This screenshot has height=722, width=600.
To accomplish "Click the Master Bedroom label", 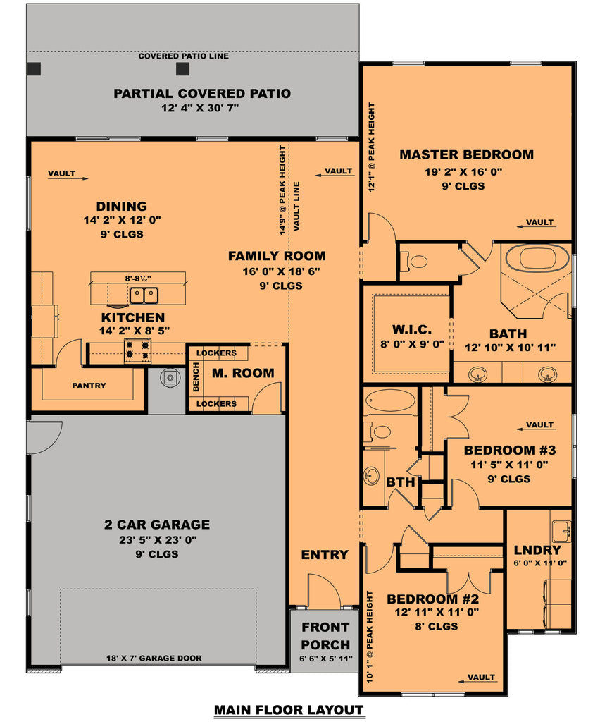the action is point(466,154).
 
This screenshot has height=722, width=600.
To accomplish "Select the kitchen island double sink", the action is point(144,295).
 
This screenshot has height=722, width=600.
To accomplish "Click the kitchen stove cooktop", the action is point(137,350).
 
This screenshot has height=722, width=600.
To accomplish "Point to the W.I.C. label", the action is point(412,330).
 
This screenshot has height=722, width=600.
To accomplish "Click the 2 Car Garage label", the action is point(157,525).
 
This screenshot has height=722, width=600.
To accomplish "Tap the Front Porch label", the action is point(325,636).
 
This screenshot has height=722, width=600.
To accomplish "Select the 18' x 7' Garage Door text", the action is point(154,659).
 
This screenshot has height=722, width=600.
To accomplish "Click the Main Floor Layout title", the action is point(289,710).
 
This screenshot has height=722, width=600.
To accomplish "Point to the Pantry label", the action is point(89,386).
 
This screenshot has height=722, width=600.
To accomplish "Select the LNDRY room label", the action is point(537,550).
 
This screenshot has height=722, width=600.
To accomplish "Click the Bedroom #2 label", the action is point(432,599).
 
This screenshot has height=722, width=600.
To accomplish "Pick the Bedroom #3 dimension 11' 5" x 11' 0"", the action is point(509,465).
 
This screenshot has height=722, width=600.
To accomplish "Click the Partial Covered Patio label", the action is point(202,94).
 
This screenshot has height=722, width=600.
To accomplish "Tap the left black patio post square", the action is point(34,68).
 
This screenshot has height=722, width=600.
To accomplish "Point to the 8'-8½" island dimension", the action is point(138,279).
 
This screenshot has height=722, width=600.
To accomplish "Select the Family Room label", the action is point(277,256).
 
